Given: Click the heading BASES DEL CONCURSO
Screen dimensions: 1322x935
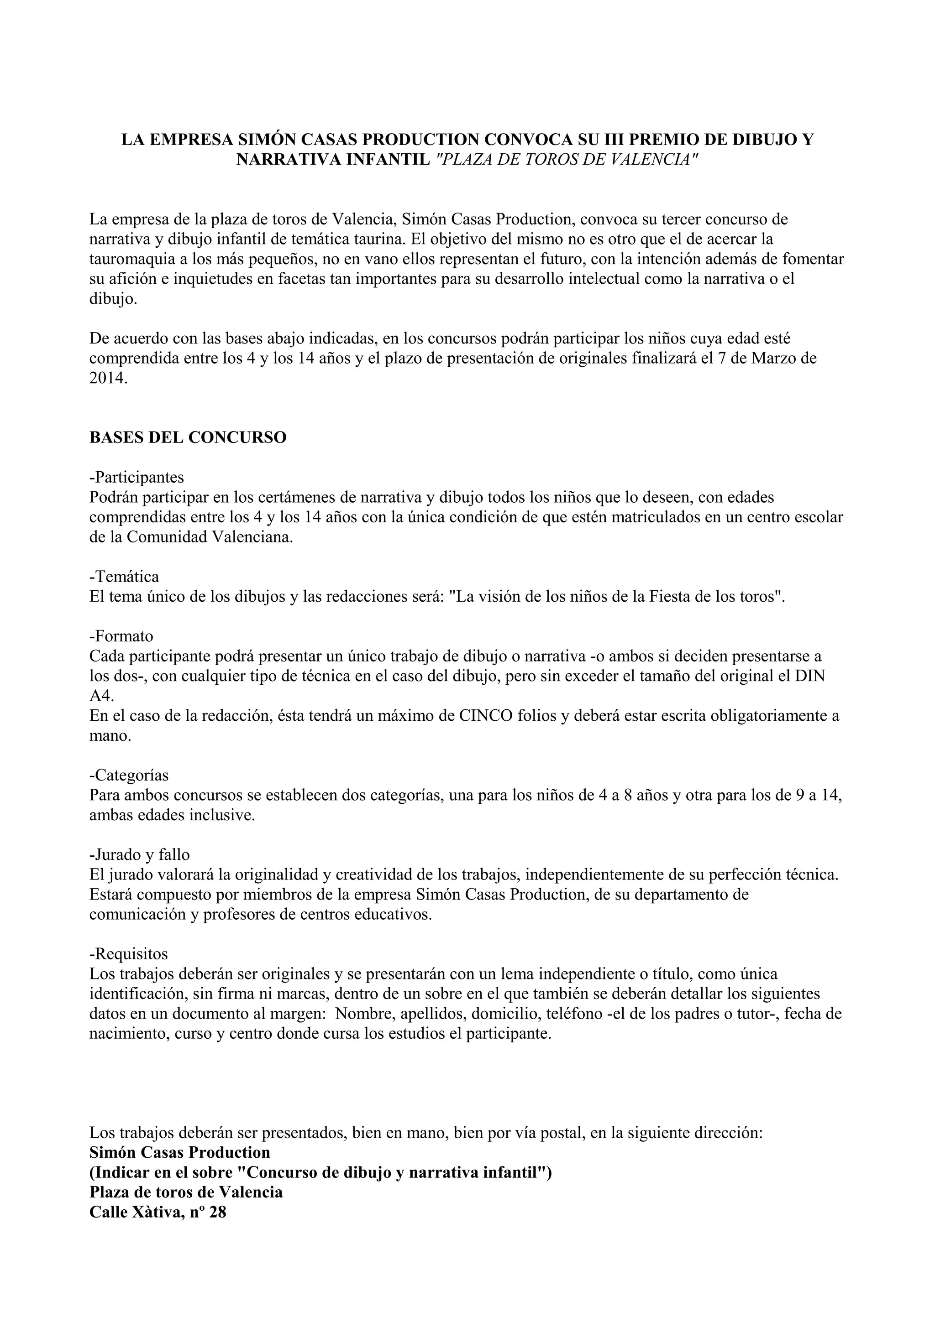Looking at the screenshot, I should coord(188,437).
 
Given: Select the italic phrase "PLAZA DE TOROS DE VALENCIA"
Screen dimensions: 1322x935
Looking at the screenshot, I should coord(567,160).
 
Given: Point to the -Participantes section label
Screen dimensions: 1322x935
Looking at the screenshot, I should coord(137,477).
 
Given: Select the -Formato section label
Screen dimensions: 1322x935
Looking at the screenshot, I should coord(121,636).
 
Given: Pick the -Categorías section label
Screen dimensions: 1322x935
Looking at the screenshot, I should coord(129,775).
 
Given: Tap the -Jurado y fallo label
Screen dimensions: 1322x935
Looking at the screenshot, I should coord(139,854).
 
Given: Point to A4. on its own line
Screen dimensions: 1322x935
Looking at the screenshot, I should coord(102,696).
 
